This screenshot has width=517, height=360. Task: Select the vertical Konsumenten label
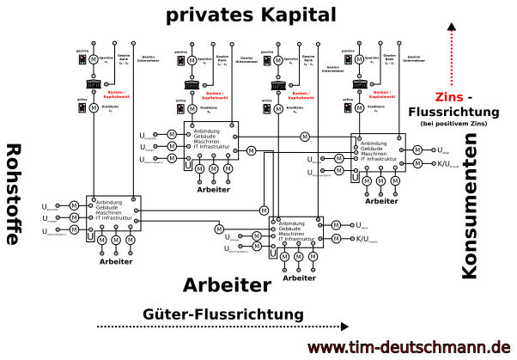click(x=469, y=211)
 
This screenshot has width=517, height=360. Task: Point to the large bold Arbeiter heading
click(x=227, y=284)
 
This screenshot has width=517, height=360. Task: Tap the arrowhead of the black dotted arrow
click(x=345, y=326)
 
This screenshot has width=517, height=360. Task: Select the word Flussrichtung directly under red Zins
click(x=454, y=112)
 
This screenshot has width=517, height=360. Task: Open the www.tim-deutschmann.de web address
click(x=409, y=347)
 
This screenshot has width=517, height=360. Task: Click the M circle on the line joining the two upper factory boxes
click(x=304, y=137)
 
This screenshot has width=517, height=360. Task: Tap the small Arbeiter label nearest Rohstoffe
click(x=116, y=260)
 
